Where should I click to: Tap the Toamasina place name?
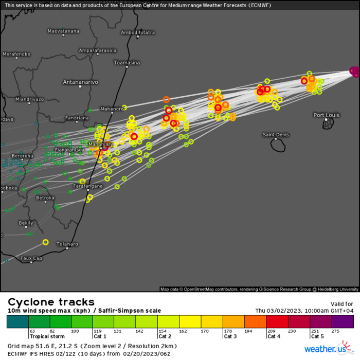click(x=127, y=63)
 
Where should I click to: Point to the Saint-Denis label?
click(x=276, y=135)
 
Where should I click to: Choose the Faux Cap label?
click(x=31, y=258)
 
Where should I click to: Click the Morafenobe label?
click(x=16, y=54)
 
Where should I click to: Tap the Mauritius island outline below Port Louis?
click(x=328, y=124)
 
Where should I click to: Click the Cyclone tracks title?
click(x=51, y=302)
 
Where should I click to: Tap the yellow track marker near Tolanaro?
click(x=45, y=242)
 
